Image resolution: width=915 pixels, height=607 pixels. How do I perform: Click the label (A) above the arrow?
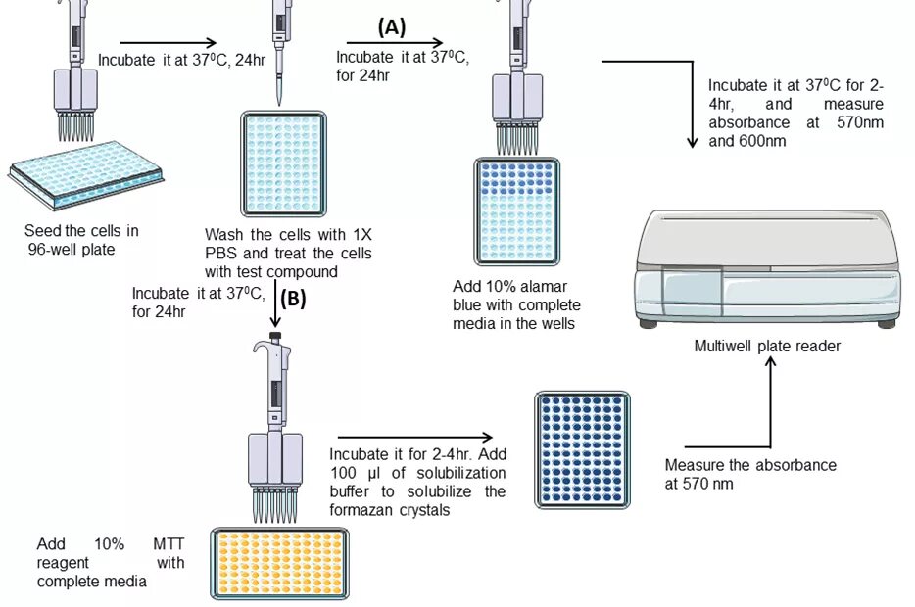click(x=391, y=27)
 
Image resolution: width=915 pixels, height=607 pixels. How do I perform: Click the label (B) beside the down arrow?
click(x=293, y=299)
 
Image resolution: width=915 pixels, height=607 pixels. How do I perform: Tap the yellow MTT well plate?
click(x=279, y=563)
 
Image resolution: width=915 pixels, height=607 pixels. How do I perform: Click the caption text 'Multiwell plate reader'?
click(x=767, y=346)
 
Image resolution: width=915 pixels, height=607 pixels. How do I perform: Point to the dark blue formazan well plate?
click(x=583, y=449)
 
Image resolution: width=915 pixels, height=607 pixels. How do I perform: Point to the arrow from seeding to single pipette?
click(x=168, y=42)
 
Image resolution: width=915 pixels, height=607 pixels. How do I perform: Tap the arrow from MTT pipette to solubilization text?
click(x=412, y=438)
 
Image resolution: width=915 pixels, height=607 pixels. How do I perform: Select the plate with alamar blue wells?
click(x=516, y=213)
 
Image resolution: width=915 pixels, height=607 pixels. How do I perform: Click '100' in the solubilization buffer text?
click(x=347, y=473)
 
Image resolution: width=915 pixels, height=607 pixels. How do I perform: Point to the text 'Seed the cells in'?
click(x=81, y=231)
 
